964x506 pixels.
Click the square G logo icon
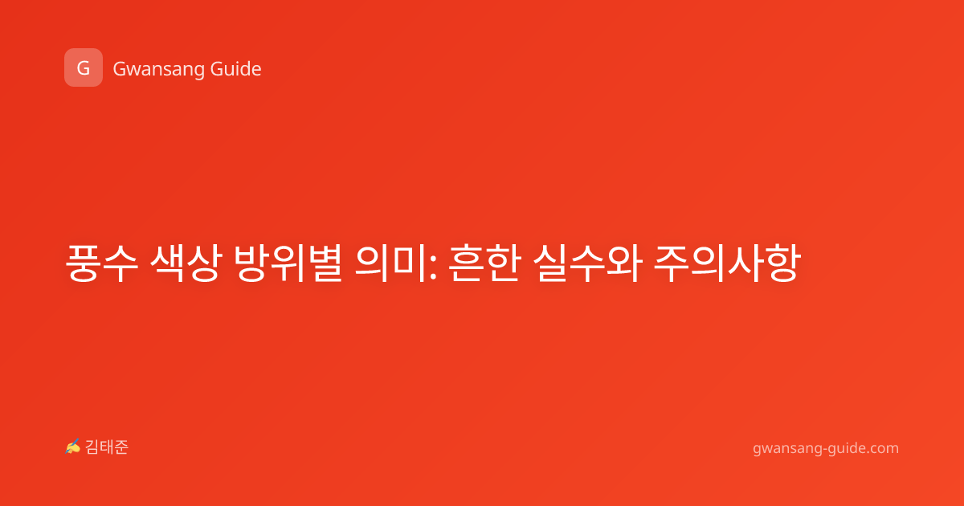click(84, 67)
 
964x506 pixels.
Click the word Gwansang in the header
click(158, 70)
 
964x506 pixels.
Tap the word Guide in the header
click(235, 69)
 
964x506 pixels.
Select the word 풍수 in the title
click(102, 263)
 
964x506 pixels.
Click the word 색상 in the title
click(186, 263)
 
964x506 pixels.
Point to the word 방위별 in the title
click(288, 263)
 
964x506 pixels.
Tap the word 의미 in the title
click(390, 263)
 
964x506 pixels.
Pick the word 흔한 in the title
click(484, 263)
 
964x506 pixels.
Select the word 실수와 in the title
click(587, 263)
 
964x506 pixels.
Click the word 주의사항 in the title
click(727, 263)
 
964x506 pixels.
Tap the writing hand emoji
click(73, 447)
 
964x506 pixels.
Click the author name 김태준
click(107, 447)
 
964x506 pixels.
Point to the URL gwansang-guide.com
click(826, 448)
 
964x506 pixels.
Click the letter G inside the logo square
click(84, 68)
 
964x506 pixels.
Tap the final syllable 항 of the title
click(782, 263)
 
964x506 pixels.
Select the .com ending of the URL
click(881, 448)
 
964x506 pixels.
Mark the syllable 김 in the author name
click(92, 447)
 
